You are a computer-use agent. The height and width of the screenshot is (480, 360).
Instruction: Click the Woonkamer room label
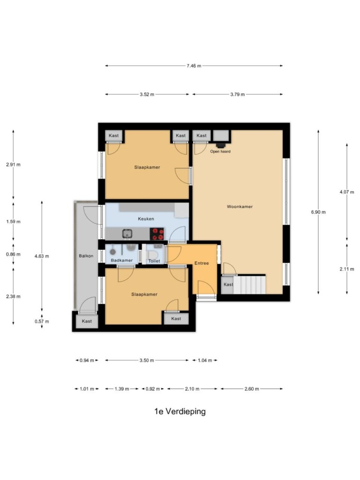[x=240, y=207]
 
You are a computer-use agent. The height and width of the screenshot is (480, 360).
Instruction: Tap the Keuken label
[x=146, y=219]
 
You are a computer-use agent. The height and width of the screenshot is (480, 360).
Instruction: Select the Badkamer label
[x=122, y=261]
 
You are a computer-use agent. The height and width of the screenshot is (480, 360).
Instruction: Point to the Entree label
[x=202, y=263]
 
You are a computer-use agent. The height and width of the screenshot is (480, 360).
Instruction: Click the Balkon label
[x=86, y=256]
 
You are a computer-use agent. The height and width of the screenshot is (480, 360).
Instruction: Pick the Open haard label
[x=220, y=151]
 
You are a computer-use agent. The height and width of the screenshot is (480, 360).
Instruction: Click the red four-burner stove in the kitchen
[x=157, y=234]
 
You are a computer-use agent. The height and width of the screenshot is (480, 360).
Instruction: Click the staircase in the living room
[x=250, y=285]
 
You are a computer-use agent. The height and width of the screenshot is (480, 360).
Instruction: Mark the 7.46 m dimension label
[x=194, y=66]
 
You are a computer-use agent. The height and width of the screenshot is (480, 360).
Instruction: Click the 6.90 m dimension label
[x=318, y=212]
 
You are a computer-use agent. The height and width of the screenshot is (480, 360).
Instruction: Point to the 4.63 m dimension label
[x=42, y=256]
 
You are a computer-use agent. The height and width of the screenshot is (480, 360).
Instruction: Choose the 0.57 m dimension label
[x=42, y=322]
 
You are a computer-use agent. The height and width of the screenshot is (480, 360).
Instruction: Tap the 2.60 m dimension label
[x=252, y=389]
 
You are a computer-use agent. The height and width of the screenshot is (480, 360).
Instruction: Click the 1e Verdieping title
[x=180, y=412]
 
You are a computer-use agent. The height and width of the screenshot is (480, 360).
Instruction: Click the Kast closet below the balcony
[x=87, y=321]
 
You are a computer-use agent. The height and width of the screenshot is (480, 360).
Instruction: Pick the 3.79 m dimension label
[x=238, y=95]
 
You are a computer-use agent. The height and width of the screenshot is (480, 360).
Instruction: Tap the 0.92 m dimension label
[x=153, y=389]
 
